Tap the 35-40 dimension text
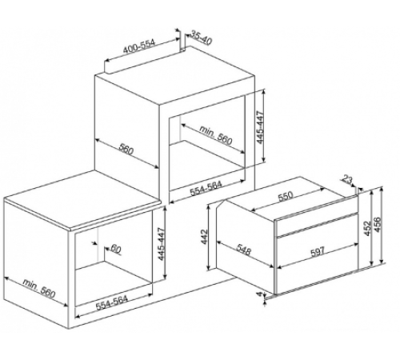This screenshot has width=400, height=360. pyautogui.click(x=202, y=38)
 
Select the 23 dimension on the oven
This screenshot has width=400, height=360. pyautogui.click(x=347, y=180)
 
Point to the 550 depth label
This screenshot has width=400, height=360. pyautogui.click(x=286, y=197)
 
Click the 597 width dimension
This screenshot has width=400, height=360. pyautogui.click(x=318, y=251)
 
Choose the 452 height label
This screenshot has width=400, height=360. pyautogui.click(x=368, y=228)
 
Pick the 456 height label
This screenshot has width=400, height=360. pyautogui.click(x=378, y=225)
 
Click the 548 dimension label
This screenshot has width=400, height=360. pyautogui.click(x=243, y=250)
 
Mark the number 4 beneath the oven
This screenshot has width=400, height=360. pyautogui.click(x=259, y=294)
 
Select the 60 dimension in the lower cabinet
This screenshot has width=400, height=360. pyautogui.click(x=116, y=249)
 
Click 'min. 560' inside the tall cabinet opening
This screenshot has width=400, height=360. pyautogui.click(x=216, y=135)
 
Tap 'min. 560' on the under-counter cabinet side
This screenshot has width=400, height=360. pyautogui.click(x=39, y=288)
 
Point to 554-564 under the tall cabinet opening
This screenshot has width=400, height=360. pyautogui.click(x=206, y=188)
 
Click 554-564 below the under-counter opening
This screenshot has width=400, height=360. pyautogui.click(x=111, y=303)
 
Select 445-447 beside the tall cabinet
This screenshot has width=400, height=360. pyautogui.click(x=261, y=127)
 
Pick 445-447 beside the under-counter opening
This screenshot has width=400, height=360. pyautogui.click(x=162, y=244)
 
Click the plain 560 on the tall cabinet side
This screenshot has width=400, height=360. pyautogui.click(x=126, y=149)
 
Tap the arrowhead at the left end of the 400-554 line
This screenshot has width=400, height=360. pyautogui.click(x=106, y=61)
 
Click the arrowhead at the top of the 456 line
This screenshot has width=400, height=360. pyautogui.click(x=382, y=190)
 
